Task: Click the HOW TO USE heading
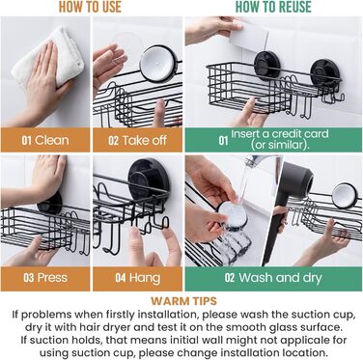coord(90,7)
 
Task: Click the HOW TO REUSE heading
coord(273,7)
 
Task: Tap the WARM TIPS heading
coord(183,301)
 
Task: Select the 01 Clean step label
coord(45,140)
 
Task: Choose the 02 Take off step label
coord(137,140)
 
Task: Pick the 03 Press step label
coord(45,277)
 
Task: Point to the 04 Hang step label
coord(138,278)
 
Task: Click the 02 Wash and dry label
coord(273,277)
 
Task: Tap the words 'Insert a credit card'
coord(280,134)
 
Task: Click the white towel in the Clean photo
coord(48,58)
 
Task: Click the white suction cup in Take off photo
coord(157,63)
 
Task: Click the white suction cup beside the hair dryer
coord(345,196)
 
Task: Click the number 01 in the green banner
coord(223,141)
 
